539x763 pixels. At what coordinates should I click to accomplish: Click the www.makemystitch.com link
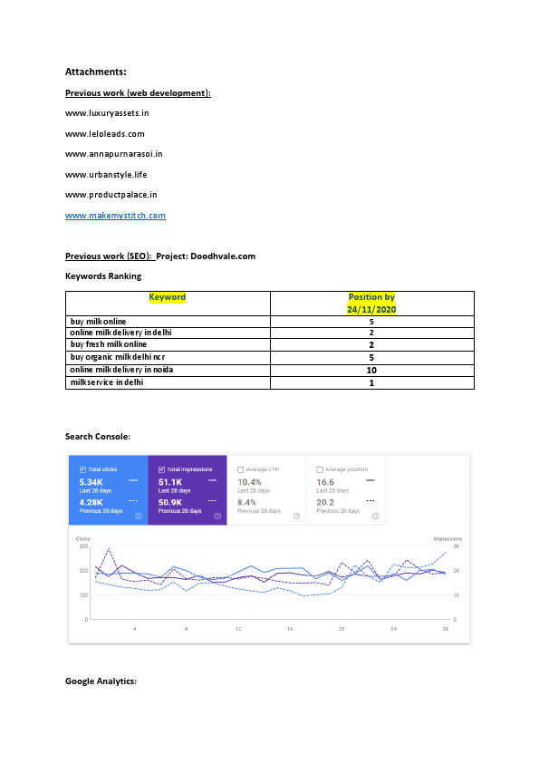115,216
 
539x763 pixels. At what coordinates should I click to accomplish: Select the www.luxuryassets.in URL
107,112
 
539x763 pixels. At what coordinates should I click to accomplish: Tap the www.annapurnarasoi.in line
113,154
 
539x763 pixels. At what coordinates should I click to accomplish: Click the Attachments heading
95,71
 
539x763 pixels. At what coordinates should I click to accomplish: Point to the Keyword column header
168,297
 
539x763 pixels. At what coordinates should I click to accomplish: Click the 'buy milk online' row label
99,322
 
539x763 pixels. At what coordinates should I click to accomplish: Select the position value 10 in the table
371,370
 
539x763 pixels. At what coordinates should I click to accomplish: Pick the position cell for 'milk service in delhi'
371,382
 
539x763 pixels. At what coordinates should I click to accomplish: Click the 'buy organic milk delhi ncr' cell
118,358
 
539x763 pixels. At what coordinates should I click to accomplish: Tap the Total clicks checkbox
82,469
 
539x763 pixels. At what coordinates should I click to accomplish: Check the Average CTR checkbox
240,469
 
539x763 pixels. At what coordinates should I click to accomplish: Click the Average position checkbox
320,469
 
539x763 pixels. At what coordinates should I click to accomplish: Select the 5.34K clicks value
93,483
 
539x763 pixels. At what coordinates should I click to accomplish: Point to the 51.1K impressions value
172,483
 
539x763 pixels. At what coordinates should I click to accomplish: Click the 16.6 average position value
325,483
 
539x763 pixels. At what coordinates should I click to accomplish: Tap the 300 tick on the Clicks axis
82,546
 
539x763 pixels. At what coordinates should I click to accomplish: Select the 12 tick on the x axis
238,628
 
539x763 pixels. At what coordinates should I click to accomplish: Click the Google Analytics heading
101,681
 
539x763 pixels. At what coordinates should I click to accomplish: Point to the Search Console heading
98,437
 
